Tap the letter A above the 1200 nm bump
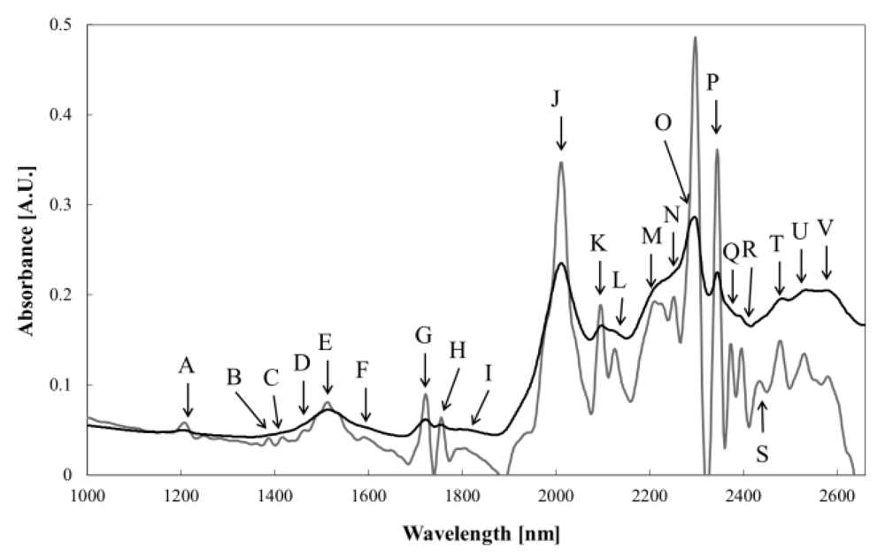185,366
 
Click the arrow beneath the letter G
425,370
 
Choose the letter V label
826,230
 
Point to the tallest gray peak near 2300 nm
695,38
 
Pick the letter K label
599,243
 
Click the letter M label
651,237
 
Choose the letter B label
235,378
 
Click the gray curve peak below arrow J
560,163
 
